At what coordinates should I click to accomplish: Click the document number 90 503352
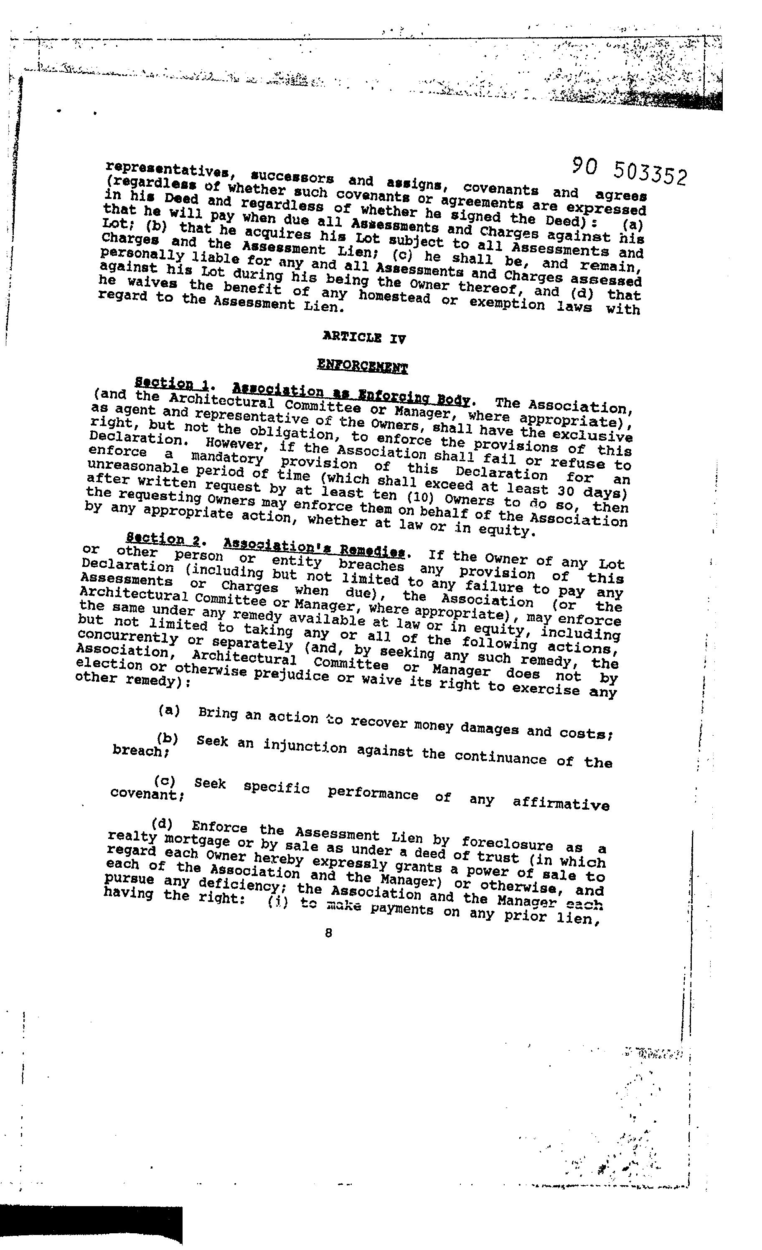click(630, 170)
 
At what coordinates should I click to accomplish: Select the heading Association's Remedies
click(314, 547)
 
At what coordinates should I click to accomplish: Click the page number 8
click(329, 932)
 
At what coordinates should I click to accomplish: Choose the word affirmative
click(561, 803)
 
